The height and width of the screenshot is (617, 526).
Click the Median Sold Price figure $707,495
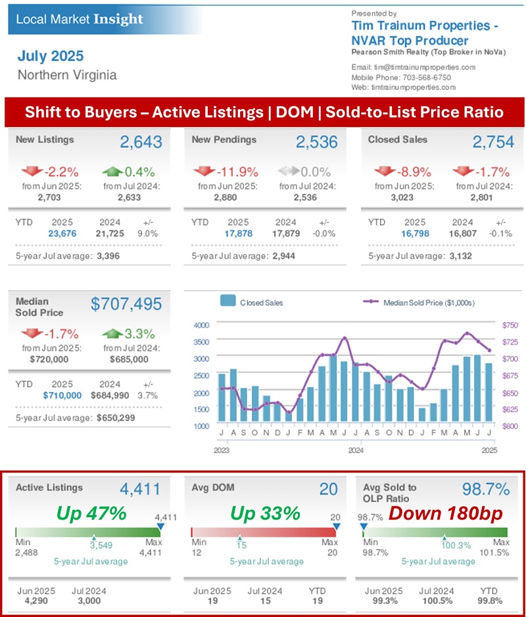126,303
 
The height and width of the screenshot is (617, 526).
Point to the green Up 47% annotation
91,514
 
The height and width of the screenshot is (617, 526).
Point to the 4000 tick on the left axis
201,325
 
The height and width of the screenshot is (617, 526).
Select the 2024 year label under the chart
356,451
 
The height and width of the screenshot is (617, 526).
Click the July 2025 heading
51,55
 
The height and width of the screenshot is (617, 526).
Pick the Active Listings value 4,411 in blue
139,489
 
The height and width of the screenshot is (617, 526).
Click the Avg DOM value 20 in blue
328,489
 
